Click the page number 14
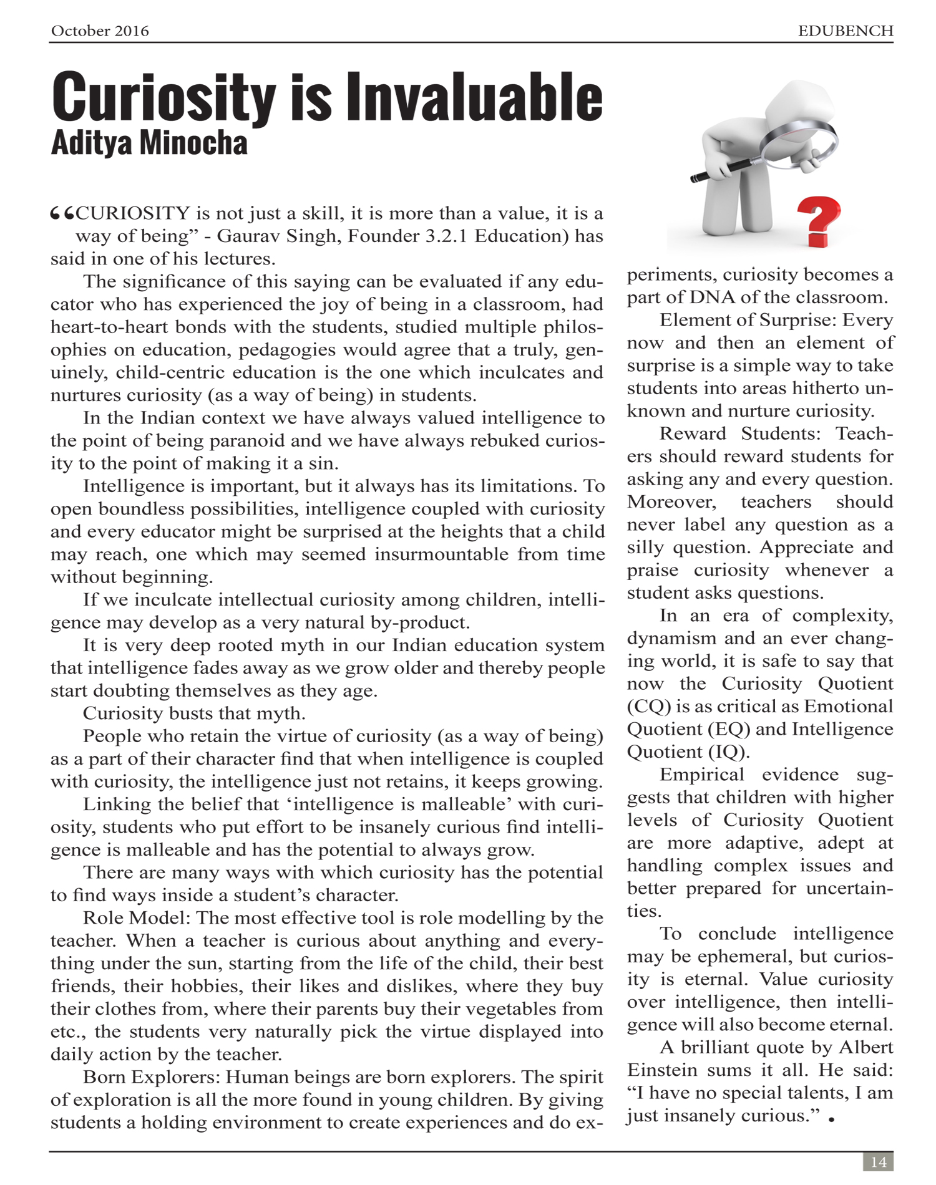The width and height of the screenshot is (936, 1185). (878, 1162)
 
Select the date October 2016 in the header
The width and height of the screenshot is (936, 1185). (100, 31)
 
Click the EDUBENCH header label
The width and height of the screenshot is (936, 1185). (846, 31)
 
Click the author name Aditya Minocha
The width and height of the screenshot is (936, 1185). (149, 143)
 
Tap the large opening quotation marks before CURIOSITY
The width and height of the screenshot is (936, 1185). (62, 214)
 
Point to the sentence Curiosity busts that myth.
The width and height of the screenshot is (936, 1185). (194, 713)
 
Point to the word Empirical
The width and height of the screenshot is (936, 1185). (702, 775)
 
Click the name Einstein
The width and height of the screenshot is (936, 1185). (662, 1070)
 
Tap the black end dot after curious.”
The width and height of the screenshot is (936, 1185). (832, 1120)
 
